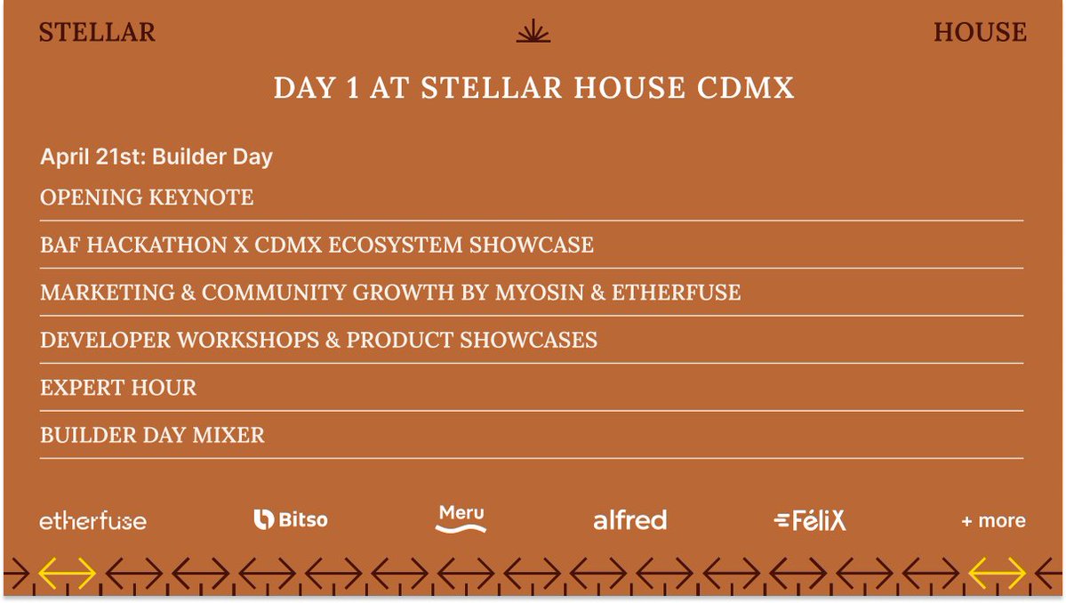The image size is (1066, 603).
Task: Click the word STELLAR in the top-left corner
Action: [97, 33]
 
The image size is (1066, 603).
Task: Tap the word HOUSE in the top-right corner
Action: [980, 33]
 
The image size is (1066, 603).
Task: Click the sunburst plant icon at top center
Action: [533, 31]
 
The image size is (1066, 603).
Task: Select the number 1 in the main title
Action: [352, 88]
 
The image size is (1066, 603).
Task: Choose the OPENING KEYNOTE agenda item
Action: [147, 197]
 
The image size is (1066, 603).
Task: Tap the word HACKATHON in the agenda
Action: [157, 245]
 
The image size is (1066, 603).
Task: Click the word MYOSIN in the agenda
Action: [540, 293]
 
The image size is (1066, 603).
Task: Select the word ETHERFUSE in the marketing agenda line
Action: [676, 293]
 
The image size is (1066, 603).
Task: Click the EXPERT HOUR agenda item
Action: [118, 388]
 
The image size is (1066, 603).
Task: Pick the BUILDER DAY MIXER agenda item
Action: [152, 435]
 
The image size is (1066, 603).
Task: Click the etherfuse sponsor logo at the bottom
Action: [93, 521]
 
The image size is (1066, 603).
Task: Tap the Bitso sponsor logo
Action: [291, 520]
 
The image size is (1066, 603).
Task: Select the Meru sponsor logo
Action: [461, 519]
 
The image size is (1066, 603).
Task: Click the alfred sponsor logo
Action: [630, 520]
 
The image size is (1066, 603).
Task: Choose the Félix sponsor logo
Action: [810, 521]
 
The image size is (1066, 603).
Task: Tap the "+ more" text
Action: [993, 521]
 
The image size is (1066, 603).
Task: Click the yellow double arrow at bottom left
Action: [67, 573]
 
